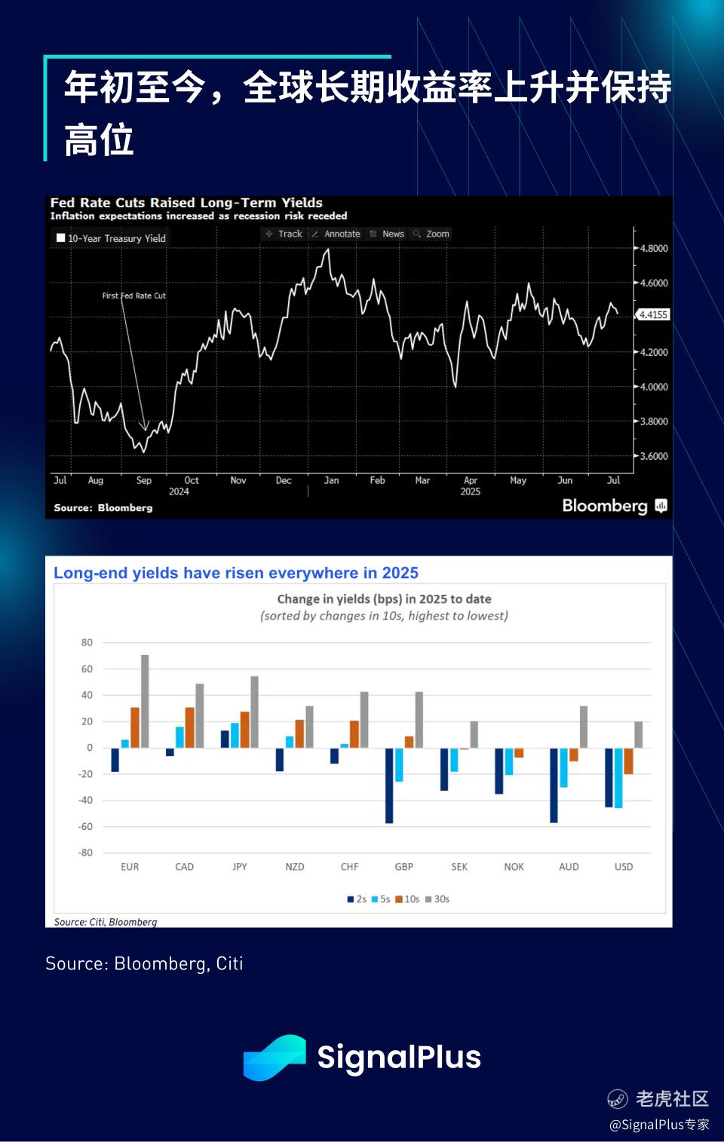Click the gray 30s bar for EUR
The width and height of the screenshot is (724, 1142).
tap(145, 701)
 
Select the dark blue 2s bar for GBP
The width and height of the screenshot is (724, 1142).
tap(389, 785)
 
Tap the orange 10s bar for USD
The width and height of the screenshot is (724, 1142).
tap(628, 761)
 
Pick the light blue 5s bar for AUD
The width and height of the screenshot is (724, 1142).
tap(564, 767)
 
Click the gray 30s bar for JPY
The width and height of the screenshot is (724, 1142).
tap(255, 712)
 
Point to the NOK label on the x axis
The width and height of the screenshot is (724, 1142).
tap(514, 867)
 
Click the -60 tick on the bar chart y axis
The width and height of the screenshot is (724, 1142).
tap(85, 826)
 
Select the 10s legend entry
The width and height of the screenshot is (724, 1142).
tap(407, 899)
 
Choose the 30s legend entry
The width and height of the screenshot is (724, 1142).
tap(437, 899)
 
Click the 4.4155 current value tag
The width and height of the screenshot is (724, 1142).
tap(653, 314)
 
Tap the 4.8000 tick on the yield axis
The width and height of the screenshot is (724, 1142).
tap(654, 248)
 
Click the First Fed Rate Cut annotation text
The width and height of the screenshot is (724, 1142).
tap(134, 295)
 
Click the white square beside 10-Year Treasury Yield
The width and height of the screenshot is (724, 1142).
tap(61, 237)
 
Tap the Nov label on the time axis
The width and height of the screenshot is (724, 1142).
tap(238, 480)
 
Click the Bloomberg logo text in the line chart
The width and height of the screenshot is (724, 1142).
tap(605, 506)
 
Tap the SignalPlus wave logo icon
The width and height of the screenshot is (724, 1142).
tap(275, 1058)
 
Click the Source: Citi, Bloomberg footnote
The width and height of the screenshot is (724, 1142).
tap(106, 922)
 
